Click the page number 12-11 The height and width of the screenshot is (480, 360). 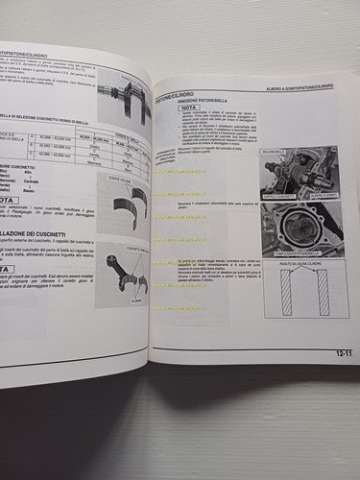coord(342,353)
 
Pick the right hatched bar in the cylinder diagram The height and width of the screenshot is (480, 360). coord(324,293)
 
